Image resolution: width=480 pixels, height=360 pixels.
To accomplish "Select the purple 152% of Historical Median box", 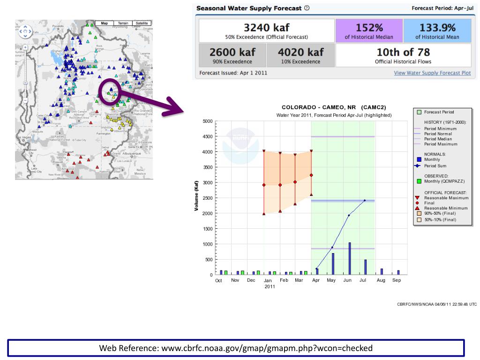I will pos(369,31).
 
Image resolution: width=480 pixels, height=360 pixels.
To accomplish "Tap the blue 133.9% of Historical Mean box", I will pos(437,31).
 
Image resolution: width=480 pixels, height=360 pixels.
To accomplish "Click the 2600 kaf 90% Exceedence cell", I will pos(232,55).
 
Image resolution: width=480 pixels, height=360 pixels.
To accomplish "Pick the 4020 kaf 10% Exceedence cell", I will pos(301,55).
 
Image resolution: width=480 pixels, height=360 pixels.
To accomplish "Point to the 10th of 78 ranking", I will pos(403,55).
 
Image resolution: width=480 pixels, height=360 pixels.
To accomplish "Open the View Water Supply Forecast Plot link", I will pos(432,73).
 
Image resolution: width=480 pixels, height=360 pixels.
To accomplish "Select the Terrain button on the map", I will pos(123,23).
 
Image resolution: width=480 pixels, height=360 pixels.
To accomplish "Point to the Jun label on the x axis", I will pos(347,280).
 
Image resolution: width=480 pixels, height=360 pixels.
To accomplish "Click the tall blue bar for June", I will pos(350,258).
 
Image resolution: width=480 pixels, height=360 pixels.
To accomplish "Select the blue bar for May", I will pos(333,263).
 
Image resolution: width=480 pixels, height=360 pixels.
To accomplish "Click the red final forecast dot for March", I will pos(295,182).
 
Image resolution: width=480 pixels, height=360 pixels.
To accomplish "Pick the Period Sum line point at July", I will pos(364,200).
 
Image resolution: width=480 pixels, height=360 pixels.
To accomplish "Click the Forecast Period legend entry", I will pos(439,112).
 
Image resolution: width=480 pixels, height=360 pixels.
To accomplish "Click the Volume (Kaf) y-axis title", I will pos(197,195).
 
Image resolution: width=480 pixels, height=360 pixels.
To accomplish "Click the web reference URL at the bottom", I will pos(236,348).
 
